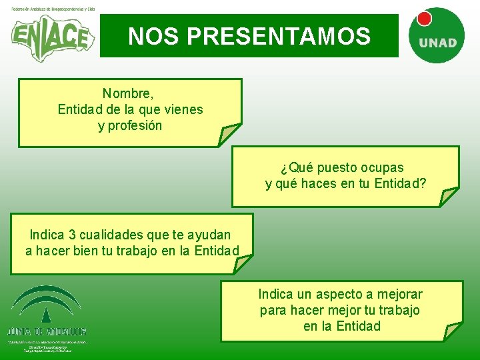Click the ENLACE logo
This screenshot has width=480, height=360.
49,37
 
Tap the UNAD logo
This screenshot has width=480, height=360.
437,37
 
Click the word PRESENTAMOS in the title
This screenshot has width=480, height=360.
279,36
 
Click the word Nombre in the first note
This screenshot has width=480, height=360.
127,93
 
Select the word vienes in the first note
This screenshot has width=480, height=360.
181,109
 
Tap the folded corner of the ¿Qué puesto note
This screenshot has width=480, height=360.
448,196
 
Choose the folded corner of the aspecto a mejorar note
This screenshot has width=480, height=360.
453,331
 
